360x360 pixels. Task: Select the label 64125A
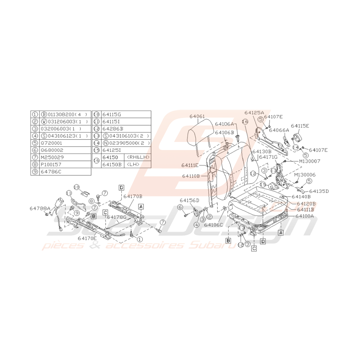tap(254, 113)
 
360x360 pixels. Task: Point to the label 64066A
tap(279, 130)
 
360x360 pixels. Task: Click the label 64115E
tap(300, 126)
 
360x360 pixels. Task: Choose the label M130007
tap(309, 160)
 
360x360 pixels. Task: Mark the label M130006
tap(305, 175)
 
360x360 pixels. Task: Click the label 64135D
tap(319, 191)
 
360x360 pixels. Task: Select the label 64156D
tap(189, 200)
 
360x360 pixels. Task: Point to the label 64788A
tap(40, 208)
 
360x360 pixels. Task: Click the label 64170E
tap(88, 238)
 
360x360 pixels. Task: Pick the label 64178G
tap(117, 217)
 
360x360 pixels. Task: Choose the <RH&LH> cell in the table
tap(137, 157)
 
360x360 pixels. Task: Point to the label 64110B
tap(191, 176)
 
